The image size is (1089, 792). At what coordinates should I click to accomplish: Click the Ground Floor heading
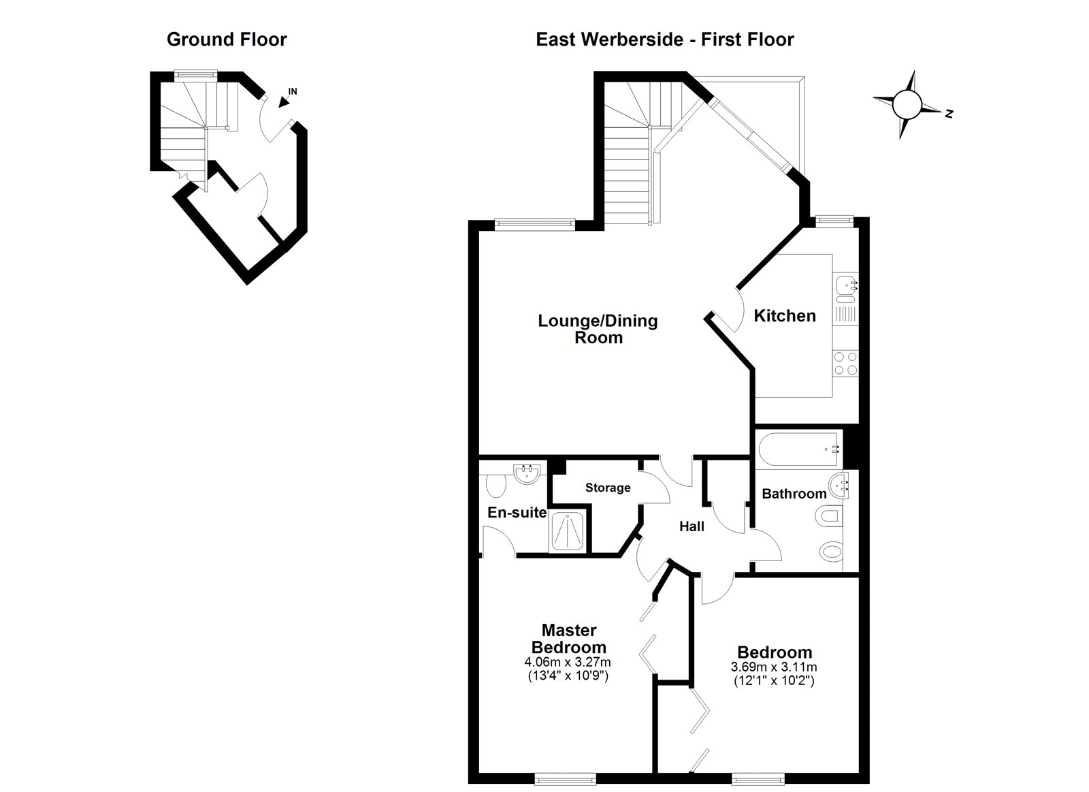click(x=227, y=39)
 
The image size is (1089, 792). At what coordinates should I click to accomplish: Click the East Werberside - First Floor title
click(x=664, y=39)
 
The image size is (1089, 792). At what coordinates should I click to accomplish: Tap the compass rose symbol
click(x=907, y=105)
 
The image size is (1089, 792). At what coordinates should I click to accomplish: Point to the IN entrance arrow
click(x=282, y=101)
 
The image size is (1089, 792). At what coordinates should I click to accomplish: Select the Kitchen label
click(x=785, y=316)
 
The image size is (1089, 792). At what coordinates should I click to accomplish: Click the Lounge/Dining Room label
click(x=598, y=329)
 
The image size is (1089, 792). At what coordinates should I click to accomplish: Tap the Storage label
click(x=608, y=488)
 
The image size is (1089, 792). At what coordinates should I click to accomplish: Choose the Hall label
click(x=692, y=526)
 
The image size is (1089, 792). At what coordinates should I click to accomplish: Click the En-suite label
click(x=517, y=512)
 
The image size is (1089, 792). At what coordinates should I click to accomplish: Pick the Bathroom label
click(x=794, y=494)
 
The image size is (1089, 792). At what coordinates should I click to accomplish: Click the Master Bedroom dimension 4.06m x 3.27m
click(x=568, y=662)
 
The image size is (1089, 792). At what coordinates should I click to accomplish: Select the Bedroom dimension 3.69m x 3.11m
click(x=774, y=667)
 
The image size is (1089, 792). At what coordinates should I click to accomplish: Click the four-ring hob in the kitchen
click(x=845, y=364)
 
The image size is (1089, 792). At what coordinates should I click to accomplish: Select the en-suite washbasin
click(x=527, y=475)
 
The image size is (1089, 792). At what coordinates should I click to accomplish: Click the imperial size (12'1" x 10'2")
click(x=774, y=680)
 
